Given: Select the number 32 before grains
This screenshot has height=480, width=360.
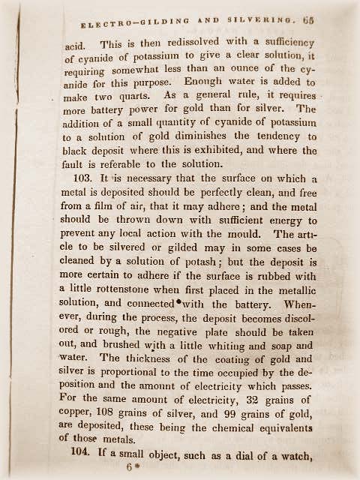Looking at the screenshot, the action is [260, 414].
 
